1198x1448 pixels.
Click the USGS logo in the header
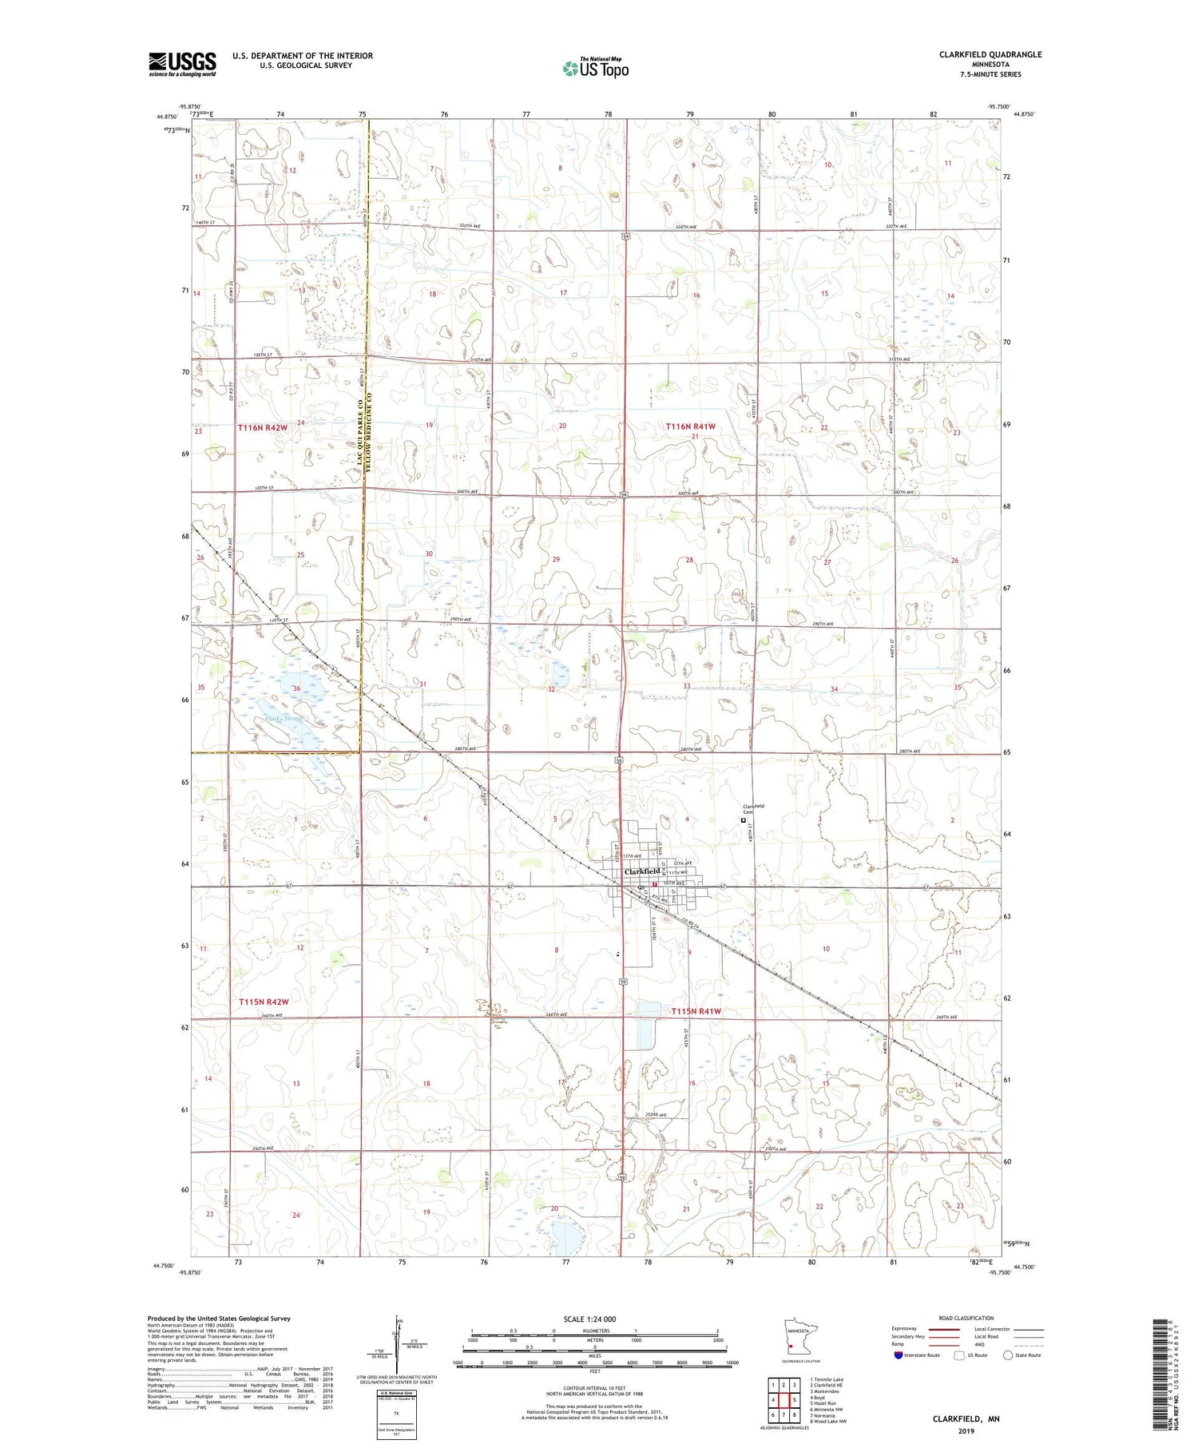[x=182, y=64]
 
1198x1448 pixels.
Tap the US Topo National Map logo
[x=596, y=68]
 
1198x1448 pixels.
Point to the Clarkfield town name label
[x=642, y=871]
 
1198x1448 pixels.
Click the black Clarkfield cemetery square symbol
[x=744, y=819]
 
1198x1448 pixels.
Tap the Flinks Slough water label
[x=284, y=719]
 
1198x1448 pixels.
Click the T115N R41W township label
[x=696, y=1010]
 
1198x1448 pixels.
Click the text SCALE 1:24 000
[x=595, y=1319]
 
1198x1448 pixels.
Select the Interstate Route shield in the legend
[x=898, y=1355]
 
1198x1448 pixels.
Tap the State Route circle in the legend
[x=1008, y=1355]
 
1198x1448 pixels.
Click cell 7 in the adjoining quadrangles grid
[x=784, y=1414]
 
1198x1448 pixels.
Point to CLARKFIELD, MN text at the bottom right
[x=966, y=1418]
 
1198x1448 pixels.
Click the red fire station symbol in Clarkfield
[x=653, y=885]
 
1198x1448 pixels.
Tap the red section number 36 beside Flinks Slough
[x=296, y=688]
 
